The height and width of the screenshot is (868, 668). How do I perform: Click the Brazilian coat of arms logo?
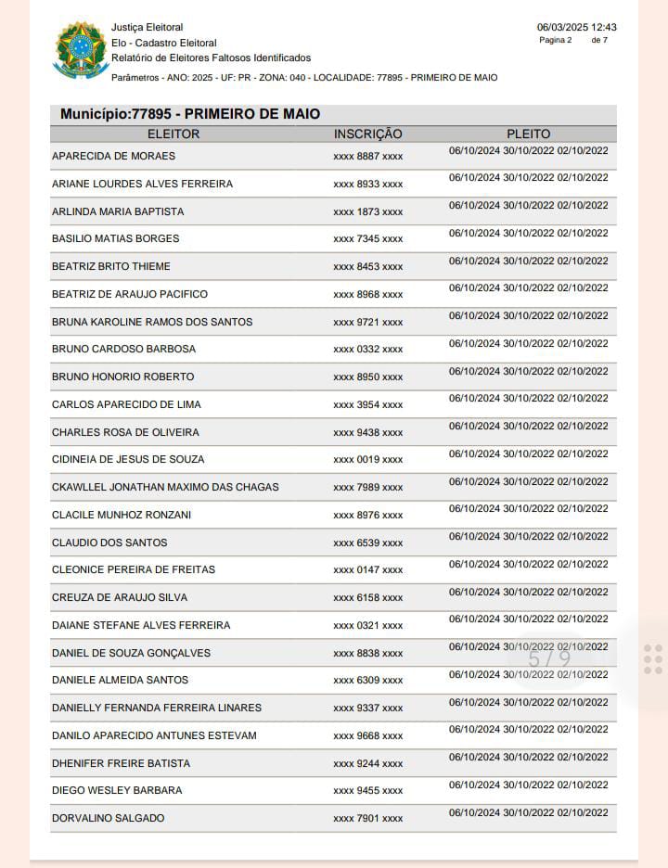(81, 50)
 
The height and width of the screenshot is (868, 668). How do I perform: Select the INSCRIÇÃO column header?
(367, 134)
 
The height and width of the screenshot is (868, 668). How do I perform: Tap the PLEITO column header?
(529, 134)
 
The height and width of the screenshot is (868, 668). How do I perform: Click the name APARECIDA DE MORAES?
(113, 156)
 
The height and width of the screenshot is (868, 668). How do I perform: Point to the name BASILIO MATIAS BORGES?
(115, 238)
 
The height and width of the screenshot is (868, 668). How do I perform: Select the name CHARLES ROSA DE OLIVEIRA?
(125, 432)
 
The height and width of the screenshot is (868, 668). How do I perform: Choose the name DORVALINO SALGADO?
(108, 818)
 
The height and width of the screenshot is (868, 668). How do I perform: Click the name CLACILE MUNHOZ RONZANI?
(122, 515)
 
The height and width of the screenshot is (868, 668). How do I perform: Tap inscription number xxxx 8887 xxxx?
(367, 157)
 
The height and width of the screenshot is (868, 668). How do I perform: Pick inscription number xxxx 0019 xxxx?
(367, 460)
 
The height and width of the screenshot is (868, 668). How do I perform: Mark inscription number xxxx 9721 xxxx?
(367, 322)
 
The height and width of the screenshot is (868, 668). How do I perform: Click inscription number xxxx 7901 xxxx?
(367, 819)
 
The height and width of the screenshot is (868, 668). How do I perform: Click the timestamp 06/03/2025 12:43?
(576, 28)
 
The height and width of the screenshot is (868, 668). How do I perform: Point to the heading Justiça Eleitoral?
(147, 28)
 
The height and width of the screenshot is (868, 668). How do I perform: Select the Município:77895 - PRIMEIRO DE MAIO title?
(190, 114)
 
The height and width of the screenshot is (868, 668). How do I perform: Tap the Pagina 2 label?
(556, 40)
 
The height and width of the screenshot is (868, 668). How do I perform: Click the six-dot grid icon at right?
(652, 658)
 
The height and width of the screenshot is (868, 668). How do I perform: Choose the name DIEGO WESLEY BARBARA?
(117, 790)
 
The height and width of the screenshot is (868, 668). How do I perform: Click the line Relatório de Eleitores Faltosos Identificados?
(211, 57)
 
